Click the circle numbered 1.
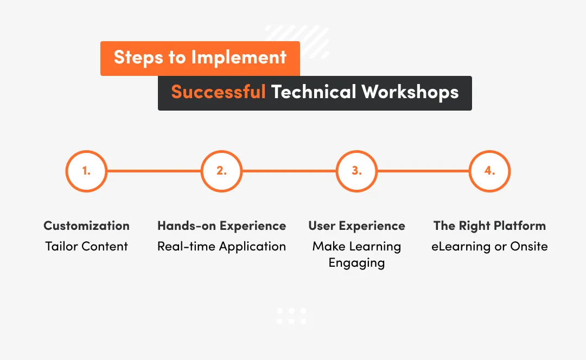pyautogui.click(x=86, y=171)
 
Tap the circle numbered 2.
pyautogui.click(x=221, y=171)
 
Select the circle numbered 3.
pyautogui.click(x=356, y=171)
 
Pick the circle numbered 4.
pyautogui.click(x=489, y=171)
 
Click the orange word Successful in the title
pyautogui.click(x=218, y=92)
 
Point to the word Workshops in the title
pyautogui.click(x=410, y=92)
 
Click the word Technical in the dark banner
pyautogui.click(x=313, y=92)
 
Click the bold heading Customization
pyautogui.click(x=86, y=226)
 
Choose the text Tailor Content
pyautogui.click(x=86, y=246)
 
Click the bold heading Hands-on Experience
pyautogui.click(x=221, y=226)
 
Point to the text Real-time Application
pyautogui.click(x=221, y=246)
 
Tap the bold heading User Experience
pyautogui.click(x=356, y=226)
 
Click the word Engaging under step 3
pyautogui.click(x=356, y=263)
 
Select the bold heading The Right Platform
pyautogui.click(x=489, y=226)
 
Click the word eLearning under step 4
pyautogui.click(x=458, y=246)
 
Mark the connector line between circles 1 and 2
pyautogui.click(x=154, y=171)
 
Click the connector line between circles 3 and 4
pyautogui.click(x=423, y=171)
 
